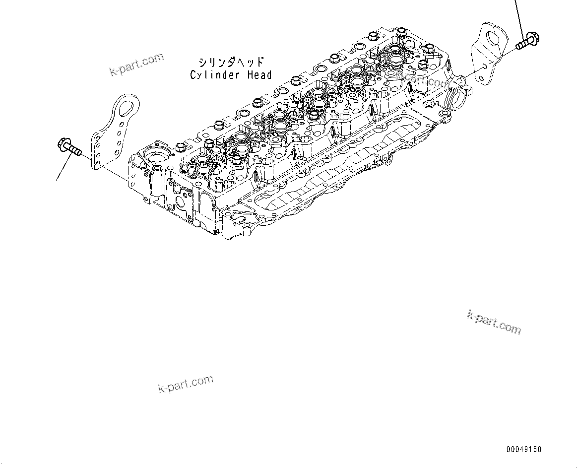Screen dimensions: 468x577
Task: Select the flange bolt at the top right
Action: point(527,40)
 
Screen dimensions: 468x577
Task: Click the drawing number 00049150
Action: point(524,450)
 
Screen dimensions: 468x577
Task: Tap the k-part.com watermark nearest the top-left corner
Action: point(136,65)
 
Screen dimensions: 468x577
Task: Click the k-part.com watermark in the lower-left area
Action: point(186,384)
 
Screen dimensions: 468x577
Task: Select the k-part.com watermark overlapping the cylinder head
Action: point(422,78)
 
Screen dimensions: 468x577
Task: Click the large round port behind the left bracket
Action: point(157,161)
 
